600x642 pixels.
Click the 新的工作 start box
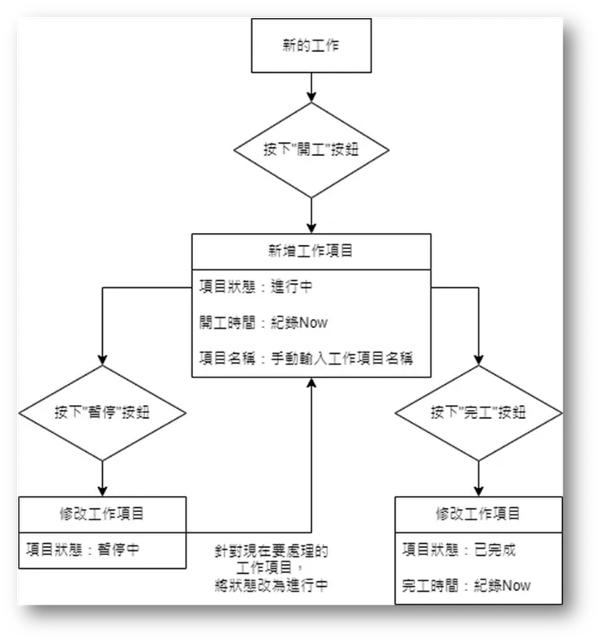(311, 45)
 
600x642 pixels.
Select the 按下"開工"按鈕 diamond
(311, 150)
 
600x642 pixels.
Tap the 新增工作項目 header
(311, 251)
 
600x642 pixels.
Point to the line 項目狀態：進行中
(259, 286)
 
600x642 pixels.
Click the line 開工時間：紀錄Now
(264, 322)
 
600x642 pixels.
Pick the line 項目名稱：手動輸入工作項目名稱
(306, 358)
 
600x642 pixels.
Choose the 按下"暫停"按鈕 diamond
(101, 412)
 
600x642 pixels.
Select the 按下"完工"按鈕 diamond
(478, 412)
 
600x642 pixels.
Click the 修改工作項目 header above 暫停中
(101, 513)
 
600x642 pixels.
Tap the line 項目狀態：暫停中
(83, 549)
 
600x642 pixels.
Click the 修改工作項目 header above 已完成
(478, 513)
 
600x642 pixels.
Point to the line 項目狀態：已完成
(459, 549)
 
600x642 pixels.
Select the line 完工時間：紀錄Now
(466, 585)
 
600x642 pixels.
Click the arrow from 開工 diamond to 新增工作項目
(311, 215)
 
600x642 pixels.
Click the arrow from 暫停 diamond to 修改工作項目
(101, 477)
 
